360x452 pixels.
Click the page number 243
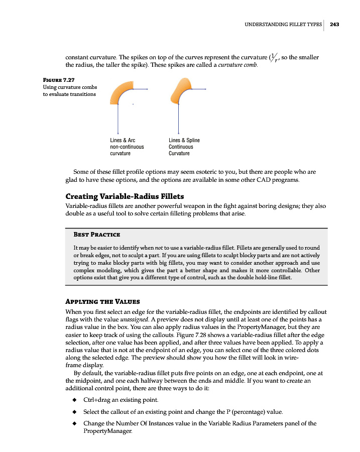point(335,24)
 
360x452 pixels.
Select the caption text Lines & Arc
point(123,140)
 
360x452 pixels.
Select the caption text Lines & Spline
point(184,140)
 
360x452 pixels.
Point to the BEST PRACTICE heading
point(96,235)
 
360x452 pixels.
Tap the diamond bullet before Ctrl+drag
point(74,400)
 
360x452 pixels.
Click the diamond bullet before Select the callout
point(74,412)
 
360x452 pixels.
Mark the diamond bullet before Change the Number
point(74,423)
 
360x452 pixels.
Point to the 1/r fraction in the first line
point(275,58)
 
